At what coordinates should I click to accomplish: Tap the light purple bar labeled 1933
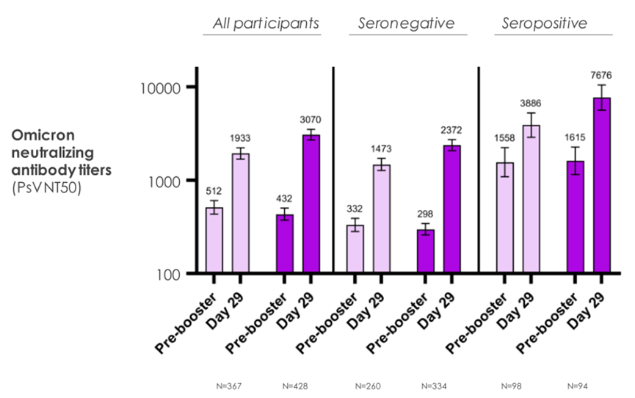[x=240, y=213]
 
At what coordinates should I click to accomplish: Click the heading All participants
[x=266, y=23]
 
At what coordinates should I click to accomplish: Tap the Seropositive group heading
[x=544, y=23]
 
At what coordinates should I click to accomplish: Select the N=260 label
[x=369, y=384]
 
